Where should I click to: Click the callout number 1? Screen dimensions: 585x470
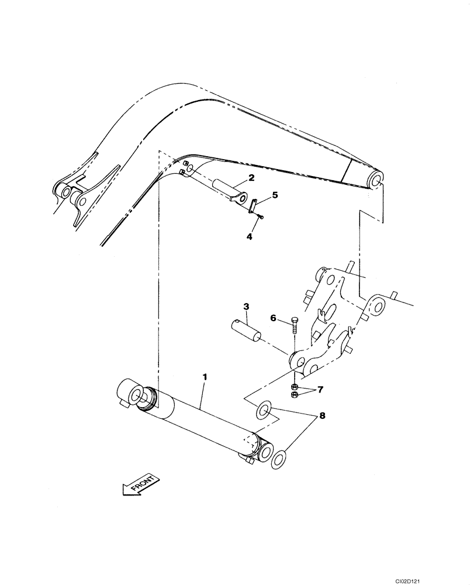(x=205, y=378)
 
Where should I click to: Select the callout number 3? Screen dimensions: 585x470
(x=247, y=306)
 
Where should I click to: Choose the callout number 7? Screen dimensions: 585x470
(x=320, y=388)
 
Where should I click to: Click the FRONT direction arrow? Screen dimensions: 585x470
(x=140, y=485)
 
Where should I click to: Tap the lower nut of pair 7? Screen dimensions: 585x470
(x=295, y=395)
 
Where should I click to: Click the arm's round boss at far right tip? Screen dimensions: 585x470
(x=374, y=179)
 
